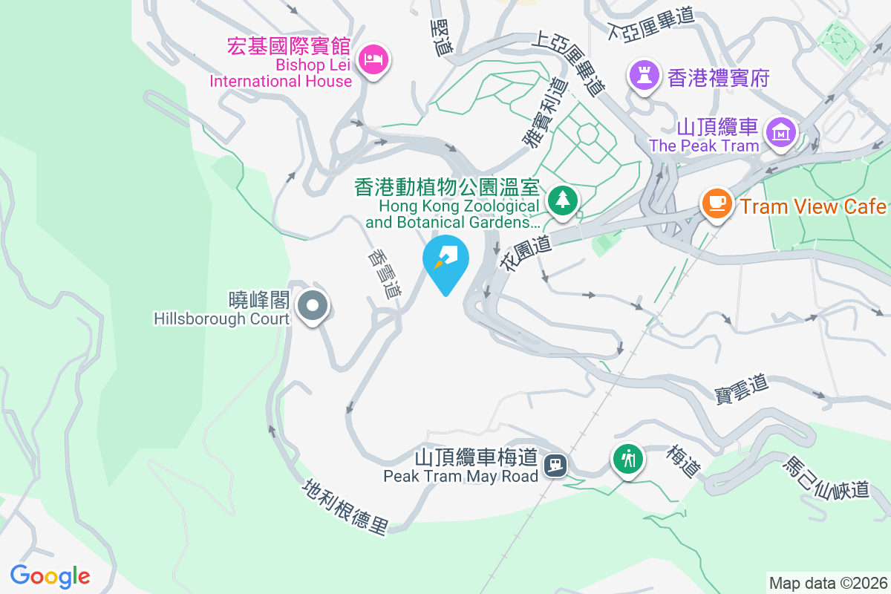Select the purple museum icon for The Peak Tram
(781, 133)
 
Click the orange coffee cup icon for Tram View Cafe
(716, 203)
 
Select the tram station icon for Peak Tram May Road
(555, 466)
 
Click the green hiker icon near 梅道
(628, 458)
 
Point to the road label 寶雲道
(741, 387)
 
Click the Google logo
(50, 576)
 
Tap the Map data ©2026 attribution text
(827, 583)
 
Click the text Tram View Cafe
(813, 206)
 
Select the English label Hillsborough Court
(221, 319)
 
